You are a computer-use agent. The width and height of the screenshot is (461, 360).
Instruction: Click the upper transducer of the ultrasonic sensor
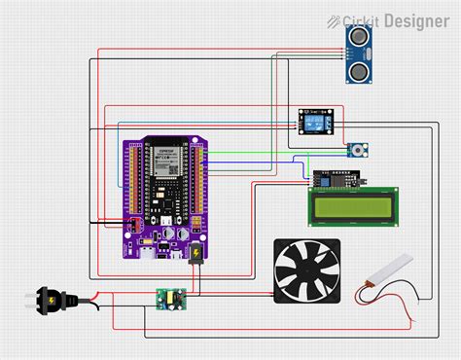358,36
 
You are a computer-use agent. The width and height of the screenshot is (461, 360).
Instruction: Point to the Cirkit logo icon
334,20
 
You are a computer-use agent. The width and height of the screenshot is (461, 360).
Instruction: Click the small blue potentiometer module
358,150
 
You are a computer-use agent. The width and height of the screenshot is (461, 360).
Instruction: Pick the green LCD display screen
354,207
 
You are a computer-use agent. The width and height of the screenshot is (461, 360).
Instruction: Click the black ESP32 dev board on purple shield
164,190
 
